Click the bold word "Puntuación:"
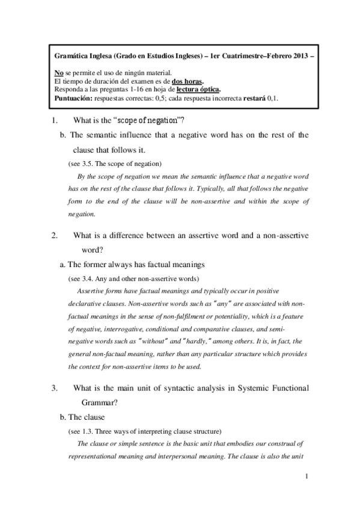pyautogui.click(x=74, y=98)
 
